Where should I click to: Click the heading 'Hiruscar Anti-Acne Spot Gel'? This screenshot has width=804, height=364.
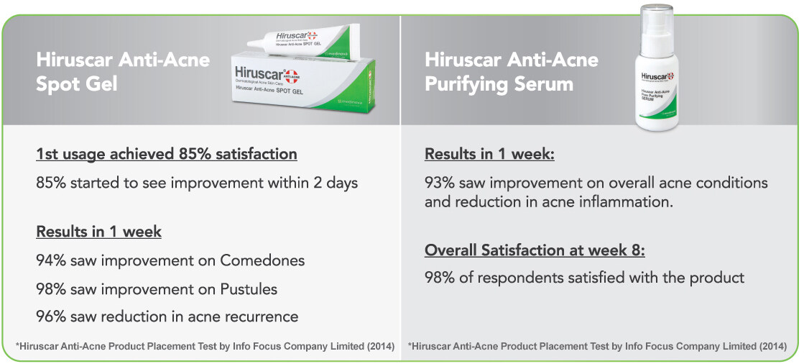pyautogui.click(x=123, y=71)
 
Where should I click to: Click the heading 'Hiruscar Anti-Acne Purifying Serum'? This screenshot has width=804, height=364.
pyautogui.click(x=511, y=71)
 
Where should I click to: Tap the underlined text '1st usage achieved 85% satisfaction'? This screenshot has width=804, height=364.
pyautogui.click(x=166, y=154)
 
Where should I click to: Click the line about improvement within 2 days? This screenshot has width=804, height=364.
pyautogui.click(x=197, y=183)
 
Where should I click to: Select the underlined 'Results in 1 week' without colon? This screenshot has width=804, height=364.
pyautogui.click(x=98, y=232)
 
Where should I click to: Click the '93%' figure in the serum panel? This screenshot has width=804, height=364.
pyautogui.click(x=440, y=183)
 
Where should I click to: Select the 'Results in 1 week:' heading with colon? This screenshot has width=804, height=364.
pyautogui.click(x=489, y=154)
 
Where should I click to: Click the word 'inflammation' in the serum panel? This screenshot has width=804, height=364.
pyautogui.click(x=625, y=202)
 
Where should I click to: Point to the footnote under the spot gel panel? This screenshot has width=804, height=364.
pyautogui.click(x=205, y=347)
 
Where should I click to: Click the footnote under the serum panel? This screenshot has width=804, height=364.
pyautogui.click(x=597, y=347)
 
